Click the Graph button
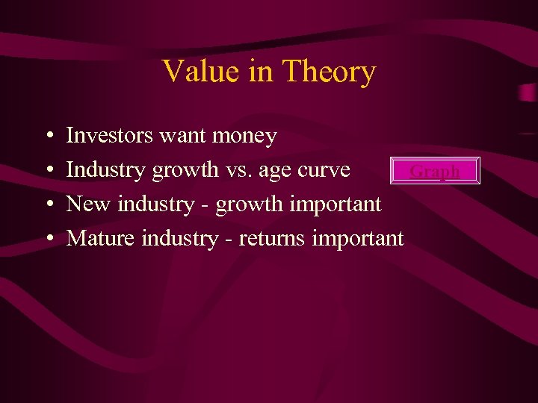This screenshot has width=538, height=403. coord(435,171)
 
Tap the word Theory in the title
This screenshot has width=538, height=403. coord(329,72)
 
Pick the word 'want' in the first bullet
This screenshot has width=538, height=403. coord(176,137)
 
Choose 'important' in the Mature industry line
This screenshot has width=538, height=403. coord(358,239)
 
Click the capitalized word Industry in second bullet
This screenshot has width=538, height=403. coord(106,170)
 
